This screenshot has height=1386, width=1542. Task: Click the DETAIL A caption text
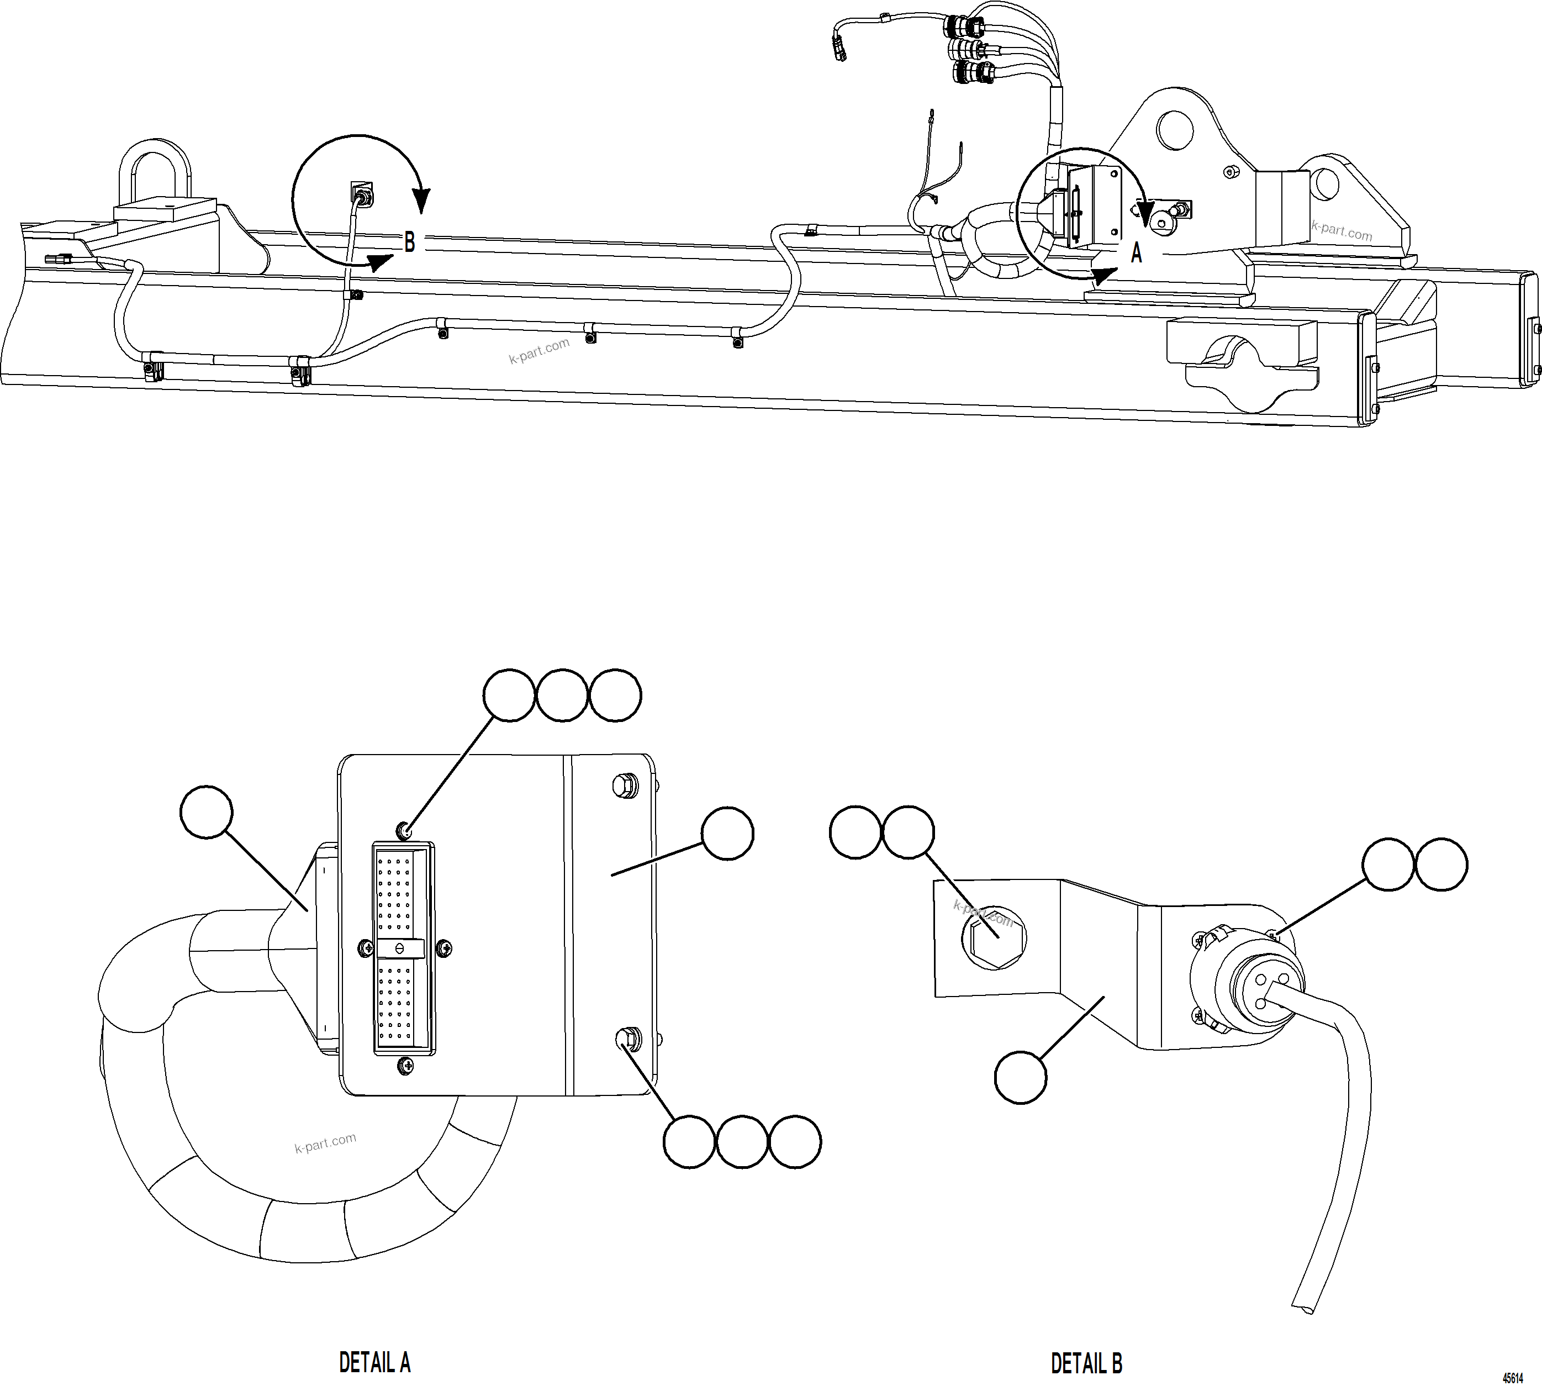point(374,1362)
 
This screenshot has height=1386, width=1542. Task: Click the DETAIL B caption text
point(1086,1362)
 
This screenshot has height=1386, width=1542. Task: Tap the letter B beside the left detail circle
point(410,242)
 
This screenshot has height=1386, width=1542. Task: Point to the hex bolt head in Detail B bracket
point(995,937)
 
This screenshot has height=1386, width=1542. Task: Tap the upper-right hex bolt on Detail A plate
point(625,785)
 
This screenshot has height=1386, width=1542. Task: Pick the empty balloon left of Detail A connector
point(207,813)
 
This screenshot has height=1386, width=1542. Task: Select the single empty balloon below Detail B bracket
point(1021,1077)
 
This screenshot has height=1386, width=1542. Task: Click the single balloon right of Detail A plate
point(727,834)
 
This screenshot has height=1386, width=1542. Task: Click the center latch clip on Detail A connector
point(400,948)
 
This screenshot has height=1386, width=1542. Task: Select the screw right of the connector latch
point(444,948)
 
